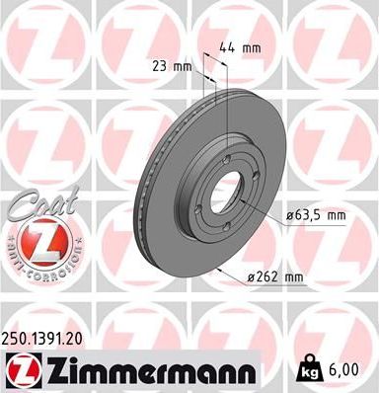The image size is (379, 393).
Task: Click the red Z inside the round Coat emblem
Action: pos(37,242)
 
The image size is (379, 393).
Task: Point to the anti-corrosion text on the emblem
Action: pos(37,270)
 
